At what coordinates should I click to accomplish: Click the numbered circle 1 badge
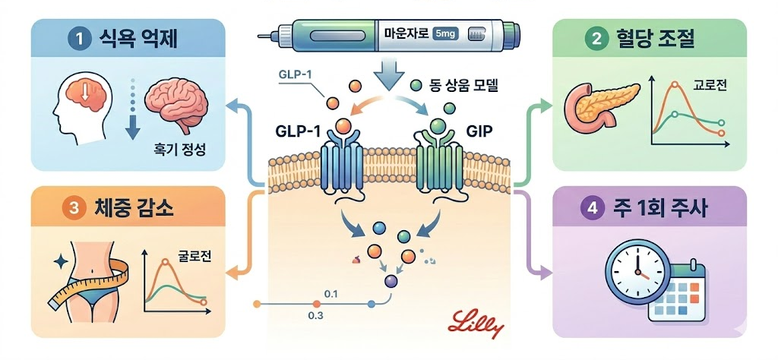point(77,39)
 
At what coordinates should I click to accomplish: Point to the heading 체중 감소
point(127,207)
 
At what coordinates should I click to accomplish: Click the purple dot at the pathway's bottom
point(391,281)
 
